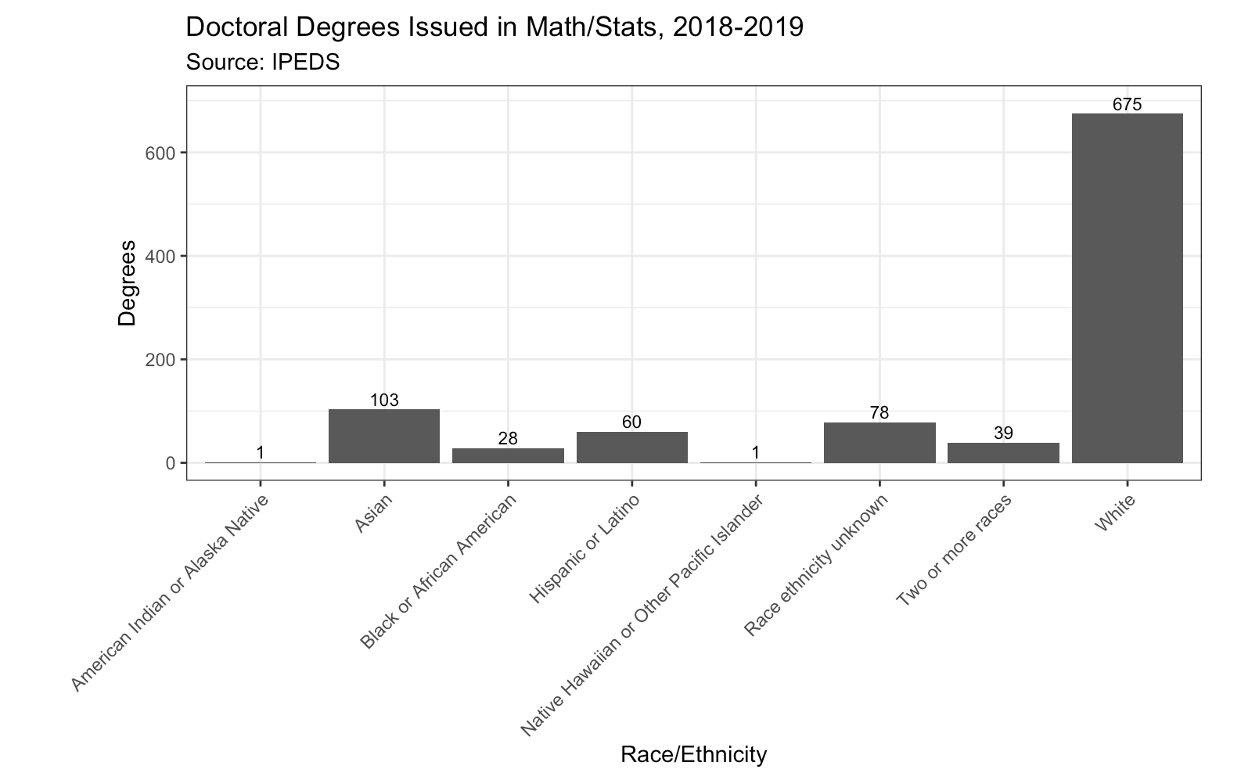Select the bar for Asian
click(384, 436)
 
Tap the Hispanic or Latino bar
click(631, 447)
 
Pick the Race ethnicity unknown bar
click(879, 442)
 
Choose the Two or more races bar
click(1003, 452)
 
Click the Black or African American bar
click(508, 455)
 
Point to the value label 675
click(1127, 104)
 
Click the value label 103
click(384, 401)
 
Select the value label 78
click(879, 413)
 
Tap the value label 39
click(1003, 433)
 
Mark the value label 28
click(508, 439)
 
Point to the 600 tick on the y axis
click(160, 153)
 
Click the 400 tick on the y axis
click(160, 256)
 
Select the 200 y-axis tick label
click(160, 360)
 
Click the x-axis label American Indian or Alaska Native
click(171, 592)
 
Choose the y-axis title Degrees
click(127, 282)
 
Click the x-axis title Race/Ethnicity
click(693, 754)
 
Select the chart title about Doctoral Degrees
click(495, 27)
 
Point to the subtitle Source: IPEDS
click(263, 63)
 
